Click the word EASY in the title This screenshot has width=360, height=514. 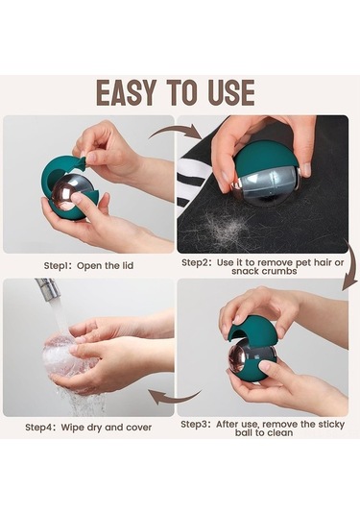coord(126,93)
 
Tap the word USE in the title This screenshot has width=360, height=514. coord(231,93)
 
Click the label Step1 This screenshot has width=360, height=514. coord(57,266)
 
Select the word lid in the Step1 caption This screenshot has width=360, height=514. coord(127,265)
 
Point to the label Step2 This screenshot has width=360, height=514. coord(196,263)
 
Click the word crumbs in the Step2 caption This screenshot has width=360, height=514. coord(280,271)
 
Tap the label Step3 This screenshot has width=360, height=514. coord(195,425)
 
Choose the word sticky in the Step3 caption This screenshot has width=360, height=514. coord(327,425)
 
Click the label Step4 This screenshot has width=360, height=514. coord(39,428)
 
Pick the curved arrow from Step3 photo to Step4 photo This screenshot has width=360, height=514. coord(175,398)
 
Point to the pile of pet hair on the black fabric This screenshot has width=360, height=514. coord(226,226)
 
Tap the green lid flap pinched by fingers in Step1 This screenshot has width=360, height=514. coord(81,162)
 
